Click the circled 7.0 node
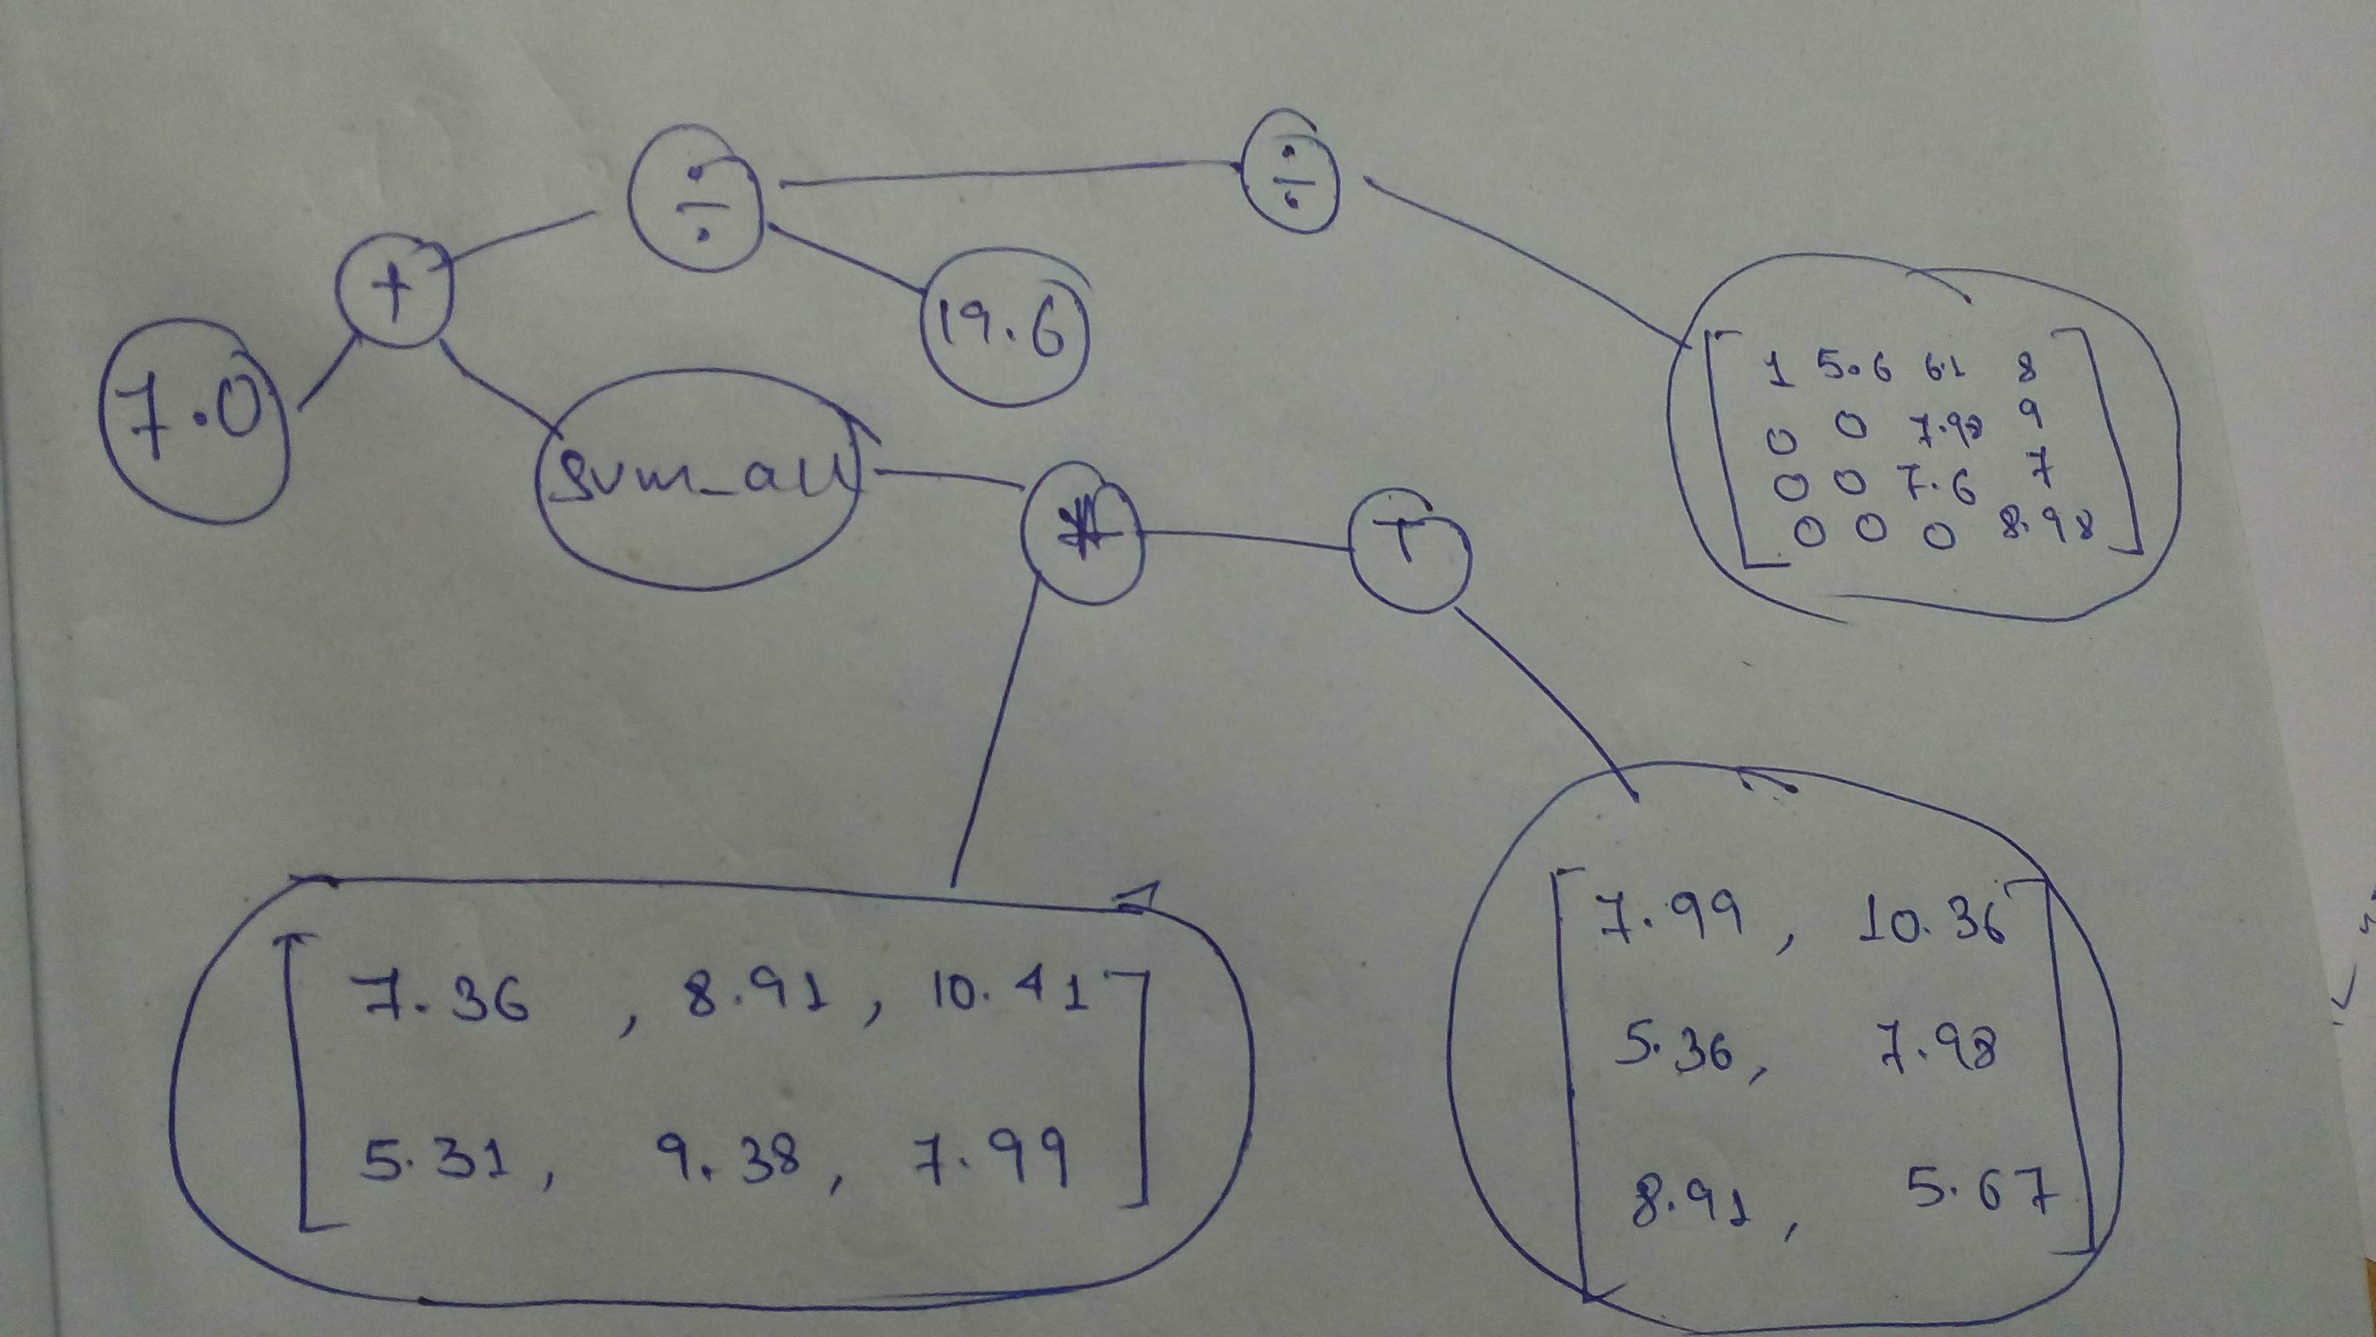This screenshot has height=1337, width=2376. [192, 420]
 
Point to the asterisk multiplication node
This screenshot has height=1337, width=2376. [1082, 534]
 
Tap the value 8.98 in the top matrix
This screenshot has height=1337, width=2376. [2043, 528]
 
